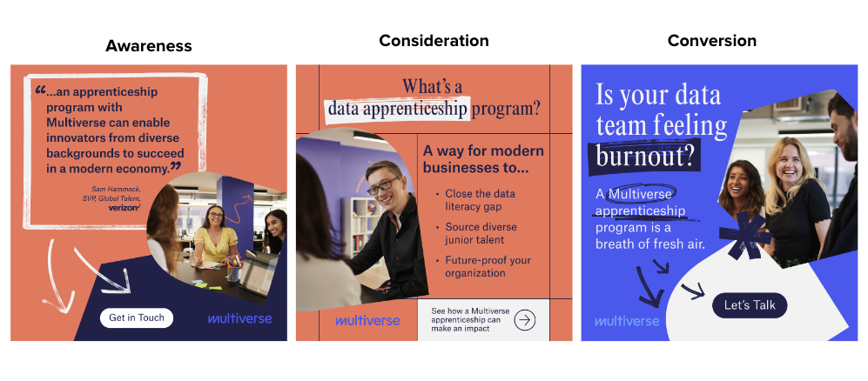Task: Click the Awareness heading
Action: tap(149, 46)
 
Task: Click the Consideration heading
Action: tap(434, 41)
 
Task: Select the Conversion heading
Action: tap(711, 41)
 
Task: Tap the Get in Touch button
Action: tap(136, 317)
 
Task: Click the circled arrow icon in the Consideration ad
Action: tap(525, 319)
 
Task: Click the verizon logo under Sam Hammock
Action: tap(124, 207)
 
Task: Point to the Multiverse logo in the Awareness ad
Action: tap(239, 318)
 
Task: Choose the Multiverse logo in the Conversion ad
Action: tap(627, 321)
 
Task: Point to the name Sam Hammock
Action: tap(115, 189)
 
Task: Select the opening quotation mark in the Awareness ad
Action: tap(41, 90)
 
